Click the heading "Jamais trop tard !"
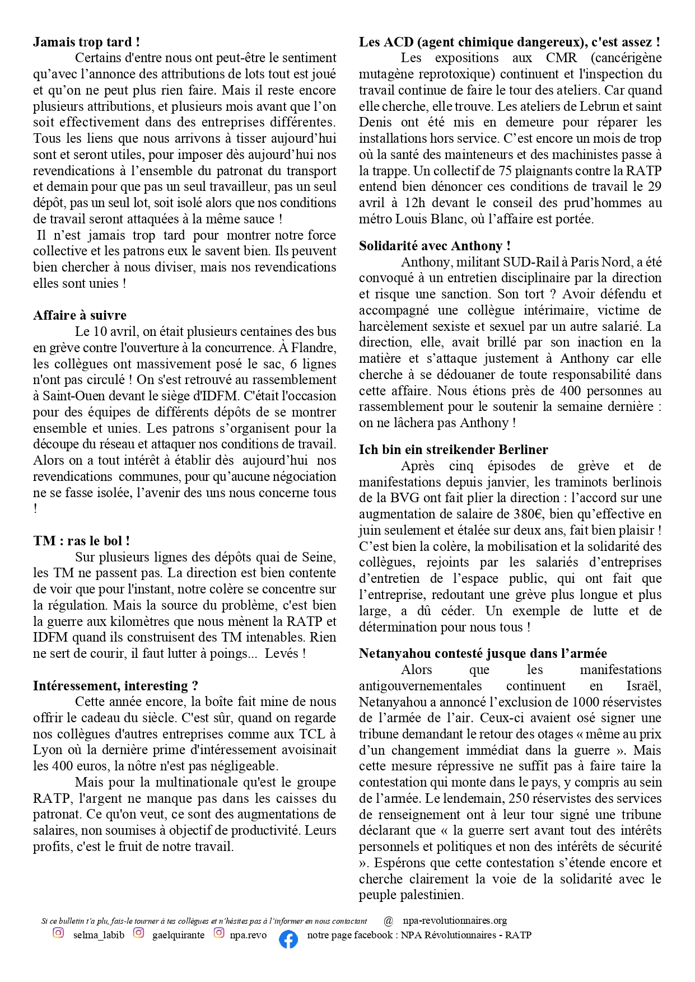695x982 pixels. [x=86, y=42]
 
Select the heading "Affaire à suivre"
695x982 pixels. [x=80, y=315]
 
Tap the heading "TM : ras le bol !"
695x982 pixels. [x=81, y=541]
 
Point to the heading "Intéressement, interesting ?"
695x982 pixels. [x=115, y=686]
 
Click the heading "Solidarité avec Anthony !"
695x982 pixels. [x=435, y=246]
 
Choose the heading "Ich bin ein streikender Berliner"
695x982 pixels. [x=454, y=450]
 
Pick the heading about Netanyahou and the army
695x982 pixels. [x=483, y=653]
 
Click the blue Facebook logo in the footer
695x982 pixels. [x=288, y=939]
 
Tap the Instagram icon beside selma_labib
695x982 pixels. [x=58, y=933]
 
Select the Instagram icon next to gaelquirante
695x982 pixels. [x=139, y=933]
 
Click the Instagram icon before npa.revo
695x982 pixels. [x=219, y=933]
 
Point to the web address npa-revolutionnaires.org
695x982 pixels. [x=455, y=920]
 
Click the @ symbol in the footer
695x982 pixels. [x=389, y=920]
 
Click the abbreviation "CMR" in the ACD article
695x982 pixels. [x=561, y=58]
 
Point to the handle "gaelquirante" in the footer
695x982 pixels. [x=178, y=935]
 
